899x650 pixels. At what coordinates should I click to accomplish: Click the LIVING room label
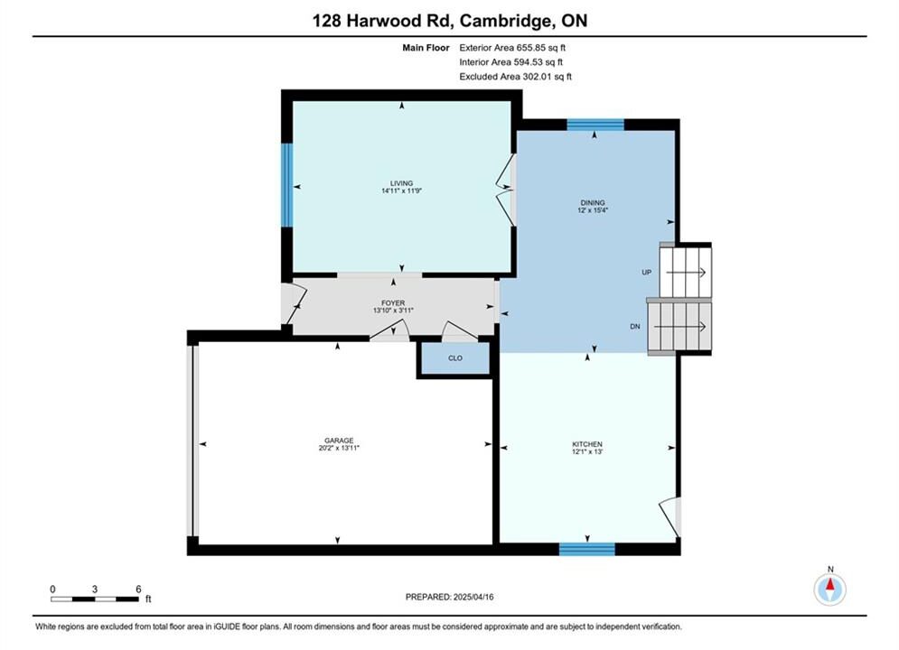click(401, 183)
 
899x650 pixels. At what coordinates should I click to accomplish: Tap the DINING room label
click(593, 203)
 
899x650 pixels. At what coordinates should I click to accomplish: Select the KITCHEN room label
click(587, 444)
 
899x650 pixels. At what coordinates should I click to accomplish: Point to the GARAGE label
click(339, 441)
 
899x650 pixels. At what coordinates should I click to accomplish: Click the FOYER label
click(393, 303)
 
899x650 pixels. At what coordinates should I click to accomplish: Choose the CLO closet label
click(455, 357)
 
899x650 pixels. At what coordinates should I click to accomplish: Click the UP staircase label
click(646, 272)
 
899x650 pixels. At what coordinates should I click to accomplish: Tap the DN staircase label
click(634, 327)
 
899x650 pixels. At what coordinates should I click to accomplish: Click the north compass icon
click(829, 588)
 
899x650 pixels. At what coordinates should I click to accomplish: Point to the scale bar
click(95, 599)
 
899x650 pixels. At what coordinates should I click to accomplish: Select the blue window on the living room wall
click(286, 184)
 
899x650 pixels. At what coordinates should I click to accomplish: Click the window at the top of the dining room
click(595, 125)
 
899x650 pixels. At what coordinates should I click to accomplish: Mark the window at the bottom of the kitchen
click(587, 549)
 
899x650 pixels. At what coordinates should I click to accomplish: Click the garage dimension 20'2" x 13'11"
click(339, 448)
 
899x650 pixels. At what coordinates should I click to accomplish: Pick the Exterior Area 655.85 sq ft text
click(512, 48)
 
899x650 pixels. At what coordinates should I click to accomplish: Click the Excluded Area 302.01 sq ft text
click(515, 77)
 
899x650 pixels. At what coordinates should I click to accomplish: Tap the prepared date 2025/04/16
click(473, 597)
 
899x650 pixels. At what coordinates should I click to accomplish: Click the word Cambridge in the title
click(504, 21)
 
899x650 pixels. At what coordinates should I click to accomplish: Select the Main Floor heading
click(426, 48)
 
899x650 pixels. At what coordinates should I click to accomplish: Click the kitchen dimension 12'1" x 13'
click(587, 451)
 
